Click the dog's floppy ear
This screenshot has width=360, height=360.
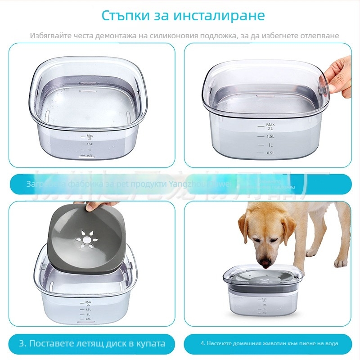pyautogui.click(x=245, y=227)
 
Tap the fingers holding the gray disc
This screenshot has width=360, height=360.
pyautogui.click(x=95, y=207)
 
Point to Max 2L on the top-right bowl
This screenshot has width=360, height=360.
pyautogui.click(x=270, y=126)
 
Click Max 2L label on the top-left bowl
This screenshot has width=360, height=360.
pyautogui.click(x=90, y=137)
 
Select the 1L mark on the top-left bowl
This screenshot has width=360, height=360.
pyautogui.click(x=90, y=150)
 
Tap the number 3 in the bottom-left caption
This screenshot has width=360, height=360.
pyautogui.click(x=22, y=344)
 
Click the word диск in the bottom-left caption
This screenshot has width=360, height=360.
pyautogui.click(x=120, y=344)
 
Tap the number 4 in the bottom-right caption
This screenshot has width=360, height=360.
pyautogui.click(x=202, y=344)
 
